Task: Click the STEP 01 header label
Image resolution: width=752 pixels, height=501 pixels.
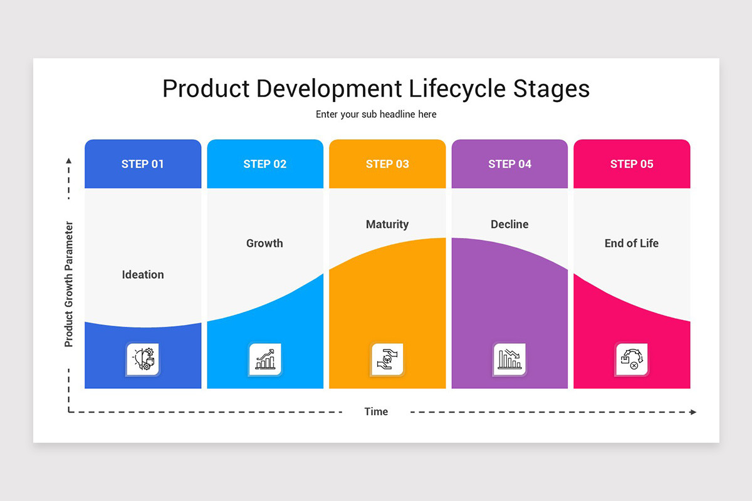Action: coord(142,164)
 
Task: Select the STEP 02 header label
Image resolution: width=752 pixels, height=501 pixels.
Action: coord(264,164)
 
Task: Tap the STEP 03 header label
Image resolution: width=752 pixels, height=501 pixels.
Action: coord(387,164)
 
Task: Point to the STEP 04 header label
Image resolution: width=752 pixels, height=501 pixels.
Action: coord(509,164)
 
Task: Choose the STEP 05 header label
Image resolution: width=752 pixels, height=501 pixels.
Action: coord(632,164)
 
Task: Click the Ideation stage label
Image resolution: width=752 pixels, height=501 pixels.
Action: coord(143,274)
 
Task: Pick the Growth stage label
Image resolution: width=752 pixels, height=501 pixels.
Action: coord(264,243)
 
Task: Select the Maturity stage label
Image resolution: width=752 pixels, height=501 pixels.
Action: coord(387,224)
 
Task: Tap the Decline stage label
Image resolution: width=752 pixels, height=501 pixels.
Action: coord(509,224)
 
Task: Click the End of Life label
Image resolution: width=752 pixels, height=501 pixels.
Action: coord(632,243)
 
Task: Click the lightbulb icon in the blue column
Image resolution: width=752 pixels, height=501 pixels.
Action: coord(143,359)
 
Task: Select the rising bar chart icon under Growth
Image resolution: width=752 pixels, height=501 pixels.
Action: coord(265,359)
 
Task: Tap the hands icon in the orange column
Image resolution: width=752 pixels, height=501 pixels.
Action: coord(387,359)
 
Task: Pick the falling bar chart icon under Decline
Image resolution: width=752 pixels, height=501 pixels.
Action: coord(509,359)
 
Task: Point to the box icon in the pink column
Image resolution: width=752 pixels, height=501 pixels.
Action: coord(632,359)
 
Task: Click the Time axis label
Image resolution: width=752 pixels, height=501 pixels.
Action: coord(376,411)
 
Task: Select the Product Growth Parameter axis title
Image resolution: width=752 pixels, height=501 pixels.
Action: coord(69,284)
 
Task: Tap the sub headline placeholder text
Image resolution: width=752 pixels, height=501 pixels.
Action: coord(376,114)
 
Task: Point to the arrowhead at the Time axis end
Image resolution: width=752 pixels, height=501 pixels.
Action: coord(692,412)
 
